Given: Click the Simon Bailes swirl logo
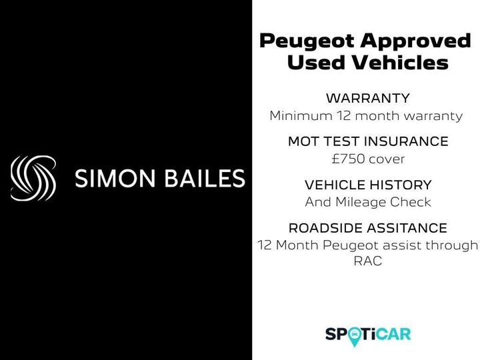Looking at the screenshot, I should point(33,178).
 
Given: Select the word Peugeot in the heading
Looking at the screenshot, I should point(306,41).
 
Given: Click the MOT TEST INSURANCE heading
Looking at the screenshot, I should point(367,142).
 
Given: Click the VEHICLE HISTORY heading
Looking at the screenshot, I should point(368,185).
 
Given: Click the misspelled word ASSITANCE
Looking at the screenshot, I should point(406,228).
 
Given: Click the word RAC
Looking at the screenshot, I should point(368,261).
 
